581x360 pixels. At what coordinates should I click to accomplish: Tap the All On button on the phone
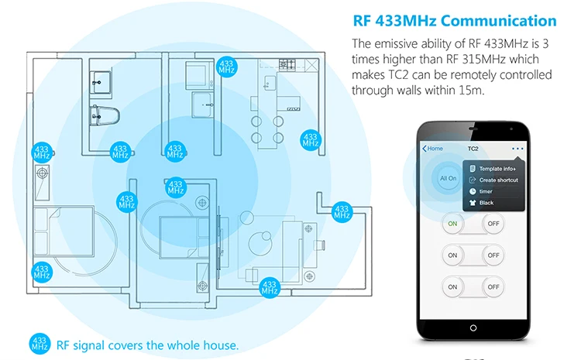click(448, 178)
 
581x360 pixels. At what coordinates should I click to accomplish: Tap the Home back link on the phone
click(433, 148)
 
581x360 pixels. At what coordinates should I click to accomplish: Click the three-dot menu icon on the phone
click(517, 148)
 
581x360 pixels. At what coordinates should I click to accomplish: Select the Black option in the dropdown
click(486, 203)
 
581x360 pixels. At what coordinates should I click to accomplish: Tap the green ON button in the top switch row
click(452, 225)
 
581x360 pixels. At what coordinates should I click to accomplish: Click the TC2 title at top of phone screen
click(473, 148)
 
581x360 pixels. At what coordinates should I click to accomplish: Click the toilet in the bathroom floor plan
click(100, 117)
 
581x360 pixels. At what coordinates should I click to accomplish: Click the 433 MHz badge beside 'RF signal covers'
click(40, 344)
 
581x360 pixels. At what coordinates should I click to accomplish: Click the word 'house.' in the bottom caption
click(222, 345)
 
